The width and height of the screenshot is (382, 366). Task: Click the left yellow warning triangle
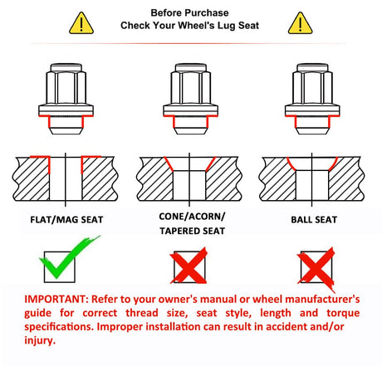coord(81,23)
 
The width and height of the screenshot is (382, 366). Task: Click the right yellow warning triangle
coord(300,23)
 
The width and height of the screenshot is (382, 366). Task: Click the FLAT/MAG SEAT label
coord(66,220)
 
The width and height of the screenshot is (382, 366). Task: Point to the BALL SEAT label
coord(314,220)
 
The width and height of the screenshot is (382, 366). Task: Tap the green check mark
coord(69,256)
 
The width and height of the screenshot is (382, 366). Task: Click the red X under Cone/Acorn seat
coord(189,266)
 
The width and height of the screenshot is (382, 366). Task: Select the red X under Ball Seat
coord(316,268)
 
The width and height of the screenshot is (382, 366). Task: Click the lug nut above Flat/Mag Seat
coord(66,99)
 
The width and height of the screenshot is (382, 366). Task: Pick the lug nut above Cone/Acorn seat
coord(190,99)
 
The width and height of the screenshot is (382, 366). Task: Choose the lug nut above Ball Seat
coord(312,99)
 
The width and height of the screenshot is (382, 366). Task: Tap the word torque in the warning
coord(343,313)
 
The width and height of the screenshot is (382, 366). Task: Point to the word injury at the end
coord(40,340)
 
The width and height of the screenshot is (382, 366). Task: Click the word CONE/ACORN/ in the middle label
coord(192,217)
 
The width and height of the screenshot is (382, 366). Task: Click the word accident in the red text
coord(286,326)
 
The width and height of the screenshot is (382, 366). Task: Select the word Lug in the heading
coord(227,26)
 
